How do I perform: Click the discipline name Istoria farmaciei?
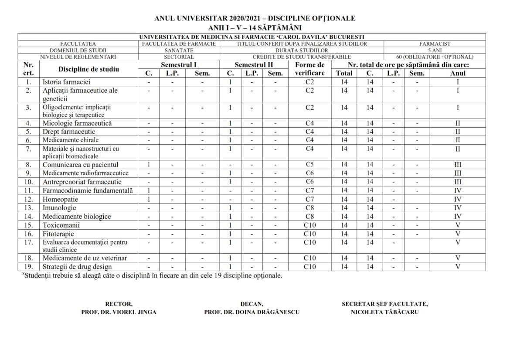(x=66, y=82)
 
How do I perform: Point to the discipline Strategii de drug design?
(x=77, y=267)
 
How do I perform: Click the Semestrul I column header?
(x=178, y=65)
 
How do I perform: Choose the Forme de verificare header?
(x=309, y=69)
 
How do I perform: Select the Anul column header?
(x=458, y=73)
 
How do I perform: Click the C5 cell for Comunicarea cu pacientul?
(x=309, y=165)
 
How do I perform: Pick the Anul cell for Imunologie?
(x=458, y=208)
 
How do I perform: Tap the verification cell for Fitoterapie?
(x=309, y=234)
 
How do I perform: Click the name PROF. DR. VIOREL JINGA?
(x=119, y=312)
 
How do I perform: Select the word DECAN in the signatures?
(x=252, y=304)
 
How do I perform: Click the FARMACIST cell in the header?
(x=435, y=44)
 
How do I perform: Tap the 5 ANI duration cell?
(x=435, y=50)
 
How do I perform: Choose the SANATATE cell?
(x=179, y=50)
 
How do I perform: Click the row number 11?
(x=28, y=190)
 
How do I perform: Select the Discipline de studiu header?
(x=88, y=69)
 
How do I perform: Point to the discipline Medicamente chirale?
(x=71, y=140)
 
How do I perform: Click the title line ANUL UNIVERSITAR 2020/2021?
(x=255, y=18)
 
